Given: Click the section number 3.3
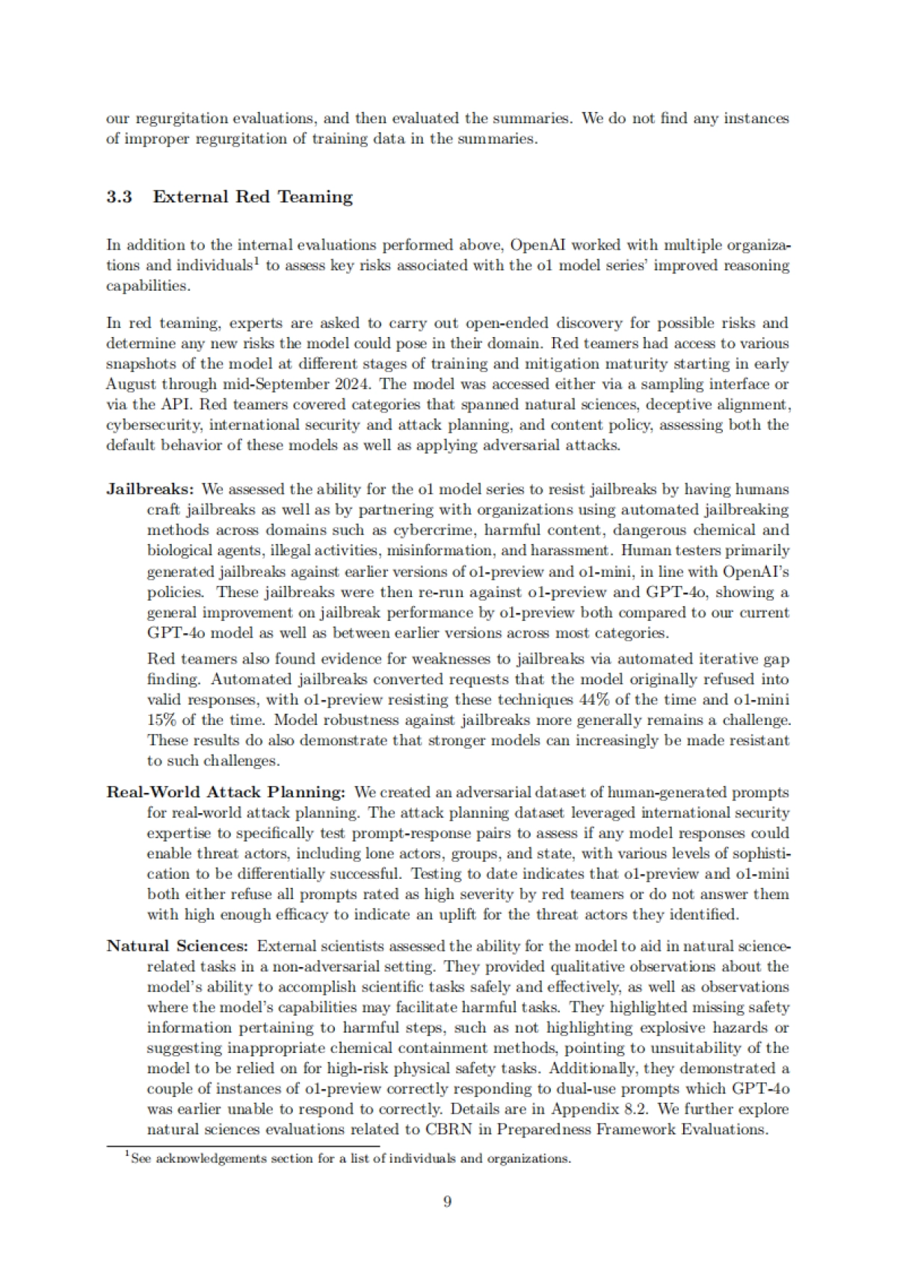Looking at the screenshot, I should (119, 197).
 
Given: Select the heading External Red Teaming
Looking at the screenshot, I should (253, 197).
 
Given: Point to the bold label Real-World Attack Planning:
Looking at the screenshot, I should (226, 791).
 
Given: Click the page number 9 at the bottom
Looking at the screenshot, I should (447, 1202).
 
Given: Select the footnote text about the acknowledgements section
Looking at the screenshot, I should (350, 1159).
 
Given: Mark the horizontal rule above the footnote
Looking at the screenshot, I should (243, 1146).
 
